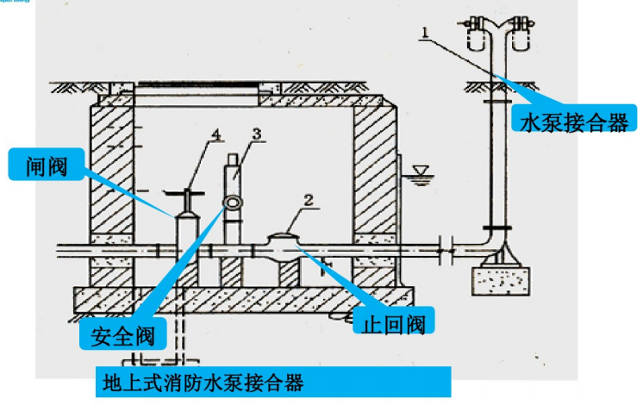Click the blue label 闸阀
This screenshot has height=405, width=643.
(x=49, y=163)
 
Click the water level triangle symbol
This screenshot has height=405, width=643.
(x=421, y=174)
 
